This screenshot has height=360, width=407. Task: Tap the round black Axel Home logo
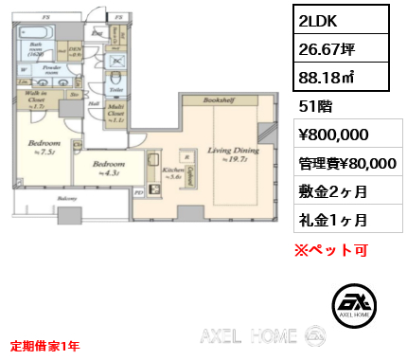point(356,304)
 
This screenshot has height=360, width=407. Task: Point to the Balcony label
point(64,200)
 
